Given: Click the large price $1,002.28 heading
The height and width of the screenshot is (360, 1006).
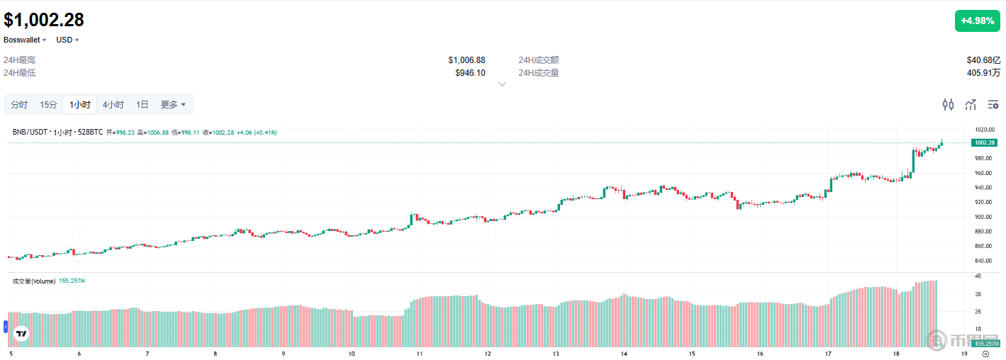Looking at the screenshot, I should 44,20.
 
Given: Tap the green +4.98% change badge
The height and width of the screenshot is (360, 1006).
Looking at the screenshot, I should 977,21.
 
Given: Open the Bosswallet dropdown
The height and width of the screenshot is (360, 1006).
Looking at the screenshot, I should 25,40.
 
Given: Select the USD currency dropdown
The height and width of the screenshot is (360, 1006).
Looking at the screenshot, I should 68,40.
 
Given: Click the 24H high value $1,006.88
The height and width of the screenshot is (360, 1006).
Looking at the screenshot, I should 466,60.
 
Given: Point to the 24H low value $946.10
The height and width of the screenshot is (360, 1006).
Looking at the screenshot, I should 470,72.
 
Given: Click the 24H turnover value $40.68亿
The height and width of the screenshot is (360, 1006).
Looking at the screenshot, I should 983,60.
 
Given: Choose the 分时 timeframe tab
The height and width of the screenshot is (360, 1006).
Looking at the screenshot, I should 19,105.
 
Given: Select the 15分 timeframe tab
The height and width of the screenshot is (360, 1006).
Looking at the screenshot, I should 48,105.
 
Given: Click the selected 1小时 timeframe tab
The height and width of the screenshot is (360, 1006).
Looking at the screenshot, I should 79,105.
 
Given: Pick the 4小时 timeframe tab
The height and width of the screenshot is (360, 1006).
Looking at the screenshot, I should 113,105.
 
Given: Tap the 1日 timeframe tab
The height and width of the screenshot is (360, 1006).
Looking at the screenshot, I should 142,105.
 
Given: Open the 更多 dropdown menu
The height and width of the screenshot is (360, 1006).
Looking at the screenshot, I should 173,105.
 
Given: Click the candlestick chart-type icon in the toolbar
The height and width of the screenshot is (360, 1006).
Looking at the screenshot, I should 948,105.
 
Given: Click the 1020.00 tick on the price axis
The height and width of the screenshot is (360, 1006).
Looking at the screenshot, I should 985,130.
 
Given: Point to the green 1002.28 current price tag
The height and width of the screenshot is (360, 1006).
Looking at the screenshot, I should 985,143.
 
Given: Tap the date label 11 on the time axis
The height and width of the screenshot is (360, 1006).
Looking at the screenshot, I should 420,353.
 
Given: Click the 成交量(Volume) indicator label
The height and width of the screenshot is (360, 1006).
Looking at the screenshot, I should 34,281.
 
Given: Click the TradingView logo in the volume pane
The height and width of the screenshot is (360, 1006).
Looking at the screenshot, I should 21,333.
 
